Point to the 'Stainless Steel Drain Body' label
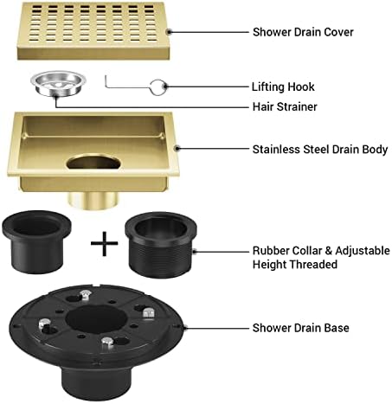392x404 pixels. pyautogui.click(x=319, y=149)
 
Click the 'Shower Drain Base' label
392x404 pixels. pyautogui.click(x=299, y=328)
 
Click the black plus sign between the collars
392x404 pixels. pyautogui.click(x=104, y=244)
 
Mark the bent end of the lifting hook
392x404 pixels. pyautogui.click(x=108, y=80)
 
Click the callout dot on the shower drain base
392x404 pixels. pyautogui.click(x=186, y=327)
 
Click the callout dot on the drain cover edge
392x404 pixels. pyautogui.click(x=171, y=32)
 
